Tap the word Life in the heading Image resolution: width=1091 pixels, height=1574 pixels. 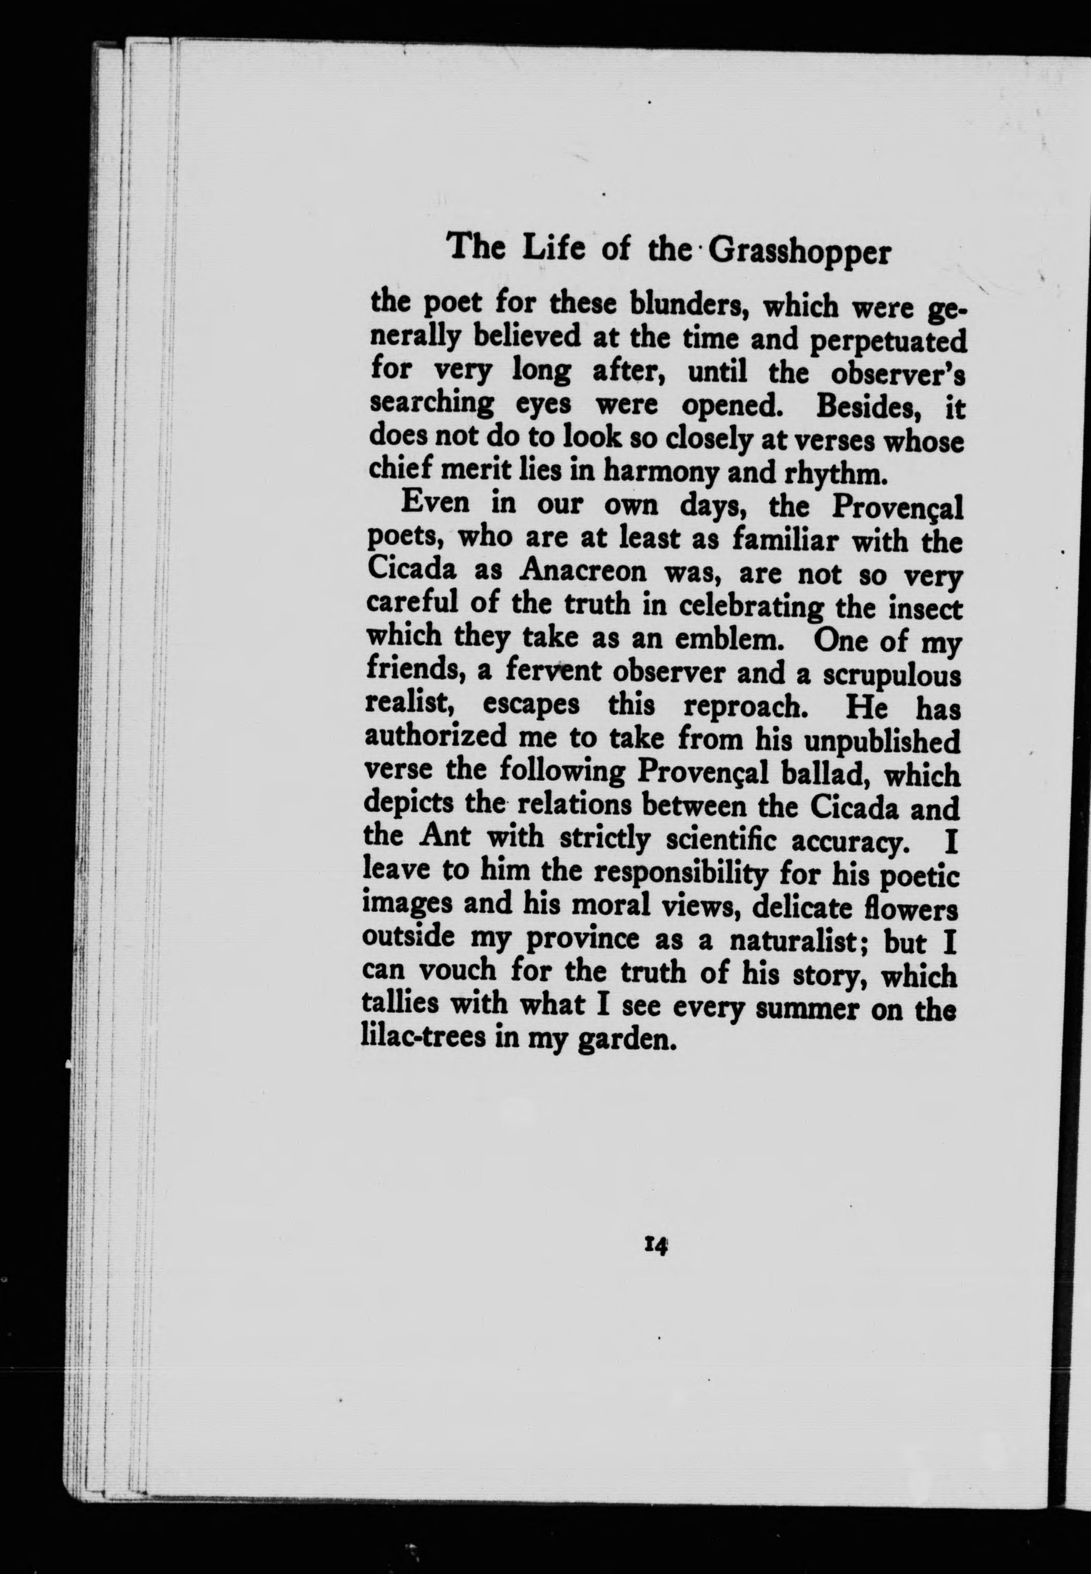550,247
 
